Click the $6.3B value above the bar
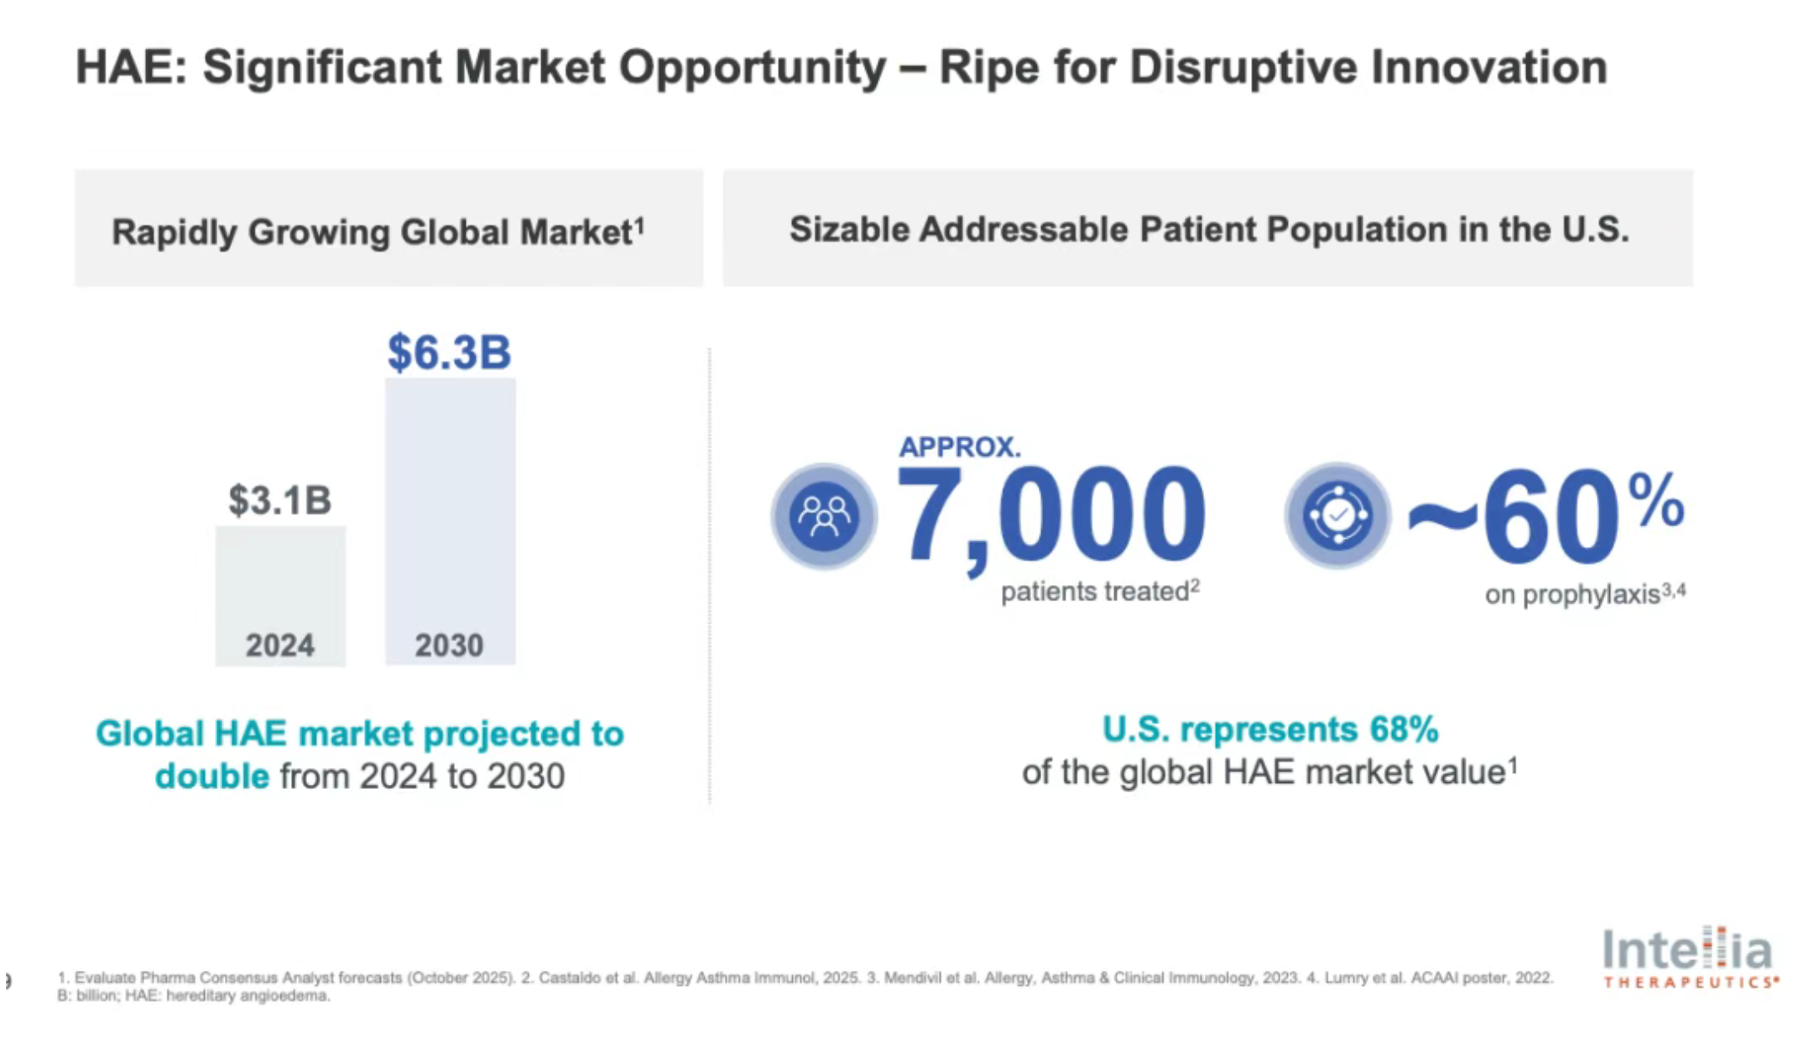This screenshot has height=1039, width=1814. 449,352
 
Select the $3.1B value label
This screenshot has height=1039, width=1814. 280,500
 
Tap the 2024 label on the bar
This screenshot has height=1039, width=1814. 280,645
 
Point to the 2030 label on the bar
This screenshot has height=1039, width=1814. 449,645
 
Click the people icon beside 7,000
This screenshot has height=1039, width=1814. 824,516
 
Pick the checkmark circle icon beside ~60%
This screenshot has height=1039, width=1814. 1337,515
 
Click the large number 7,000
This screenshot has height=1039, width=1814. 1051,514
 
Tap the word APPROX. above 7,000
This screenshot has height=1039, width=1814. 960,446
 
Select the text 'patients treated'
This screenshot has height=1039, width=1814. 1094,592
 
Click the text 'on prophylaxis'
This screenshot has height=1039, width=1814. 1572,595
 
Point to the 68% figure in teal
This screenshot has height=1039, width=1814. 1404,729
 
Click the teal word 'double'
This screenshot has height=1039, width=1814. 212,776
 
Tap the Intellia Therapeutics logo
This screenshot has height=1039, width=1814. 1688,958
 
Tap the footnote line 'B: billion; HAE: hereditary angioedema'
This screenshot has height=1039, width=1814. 194,996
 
